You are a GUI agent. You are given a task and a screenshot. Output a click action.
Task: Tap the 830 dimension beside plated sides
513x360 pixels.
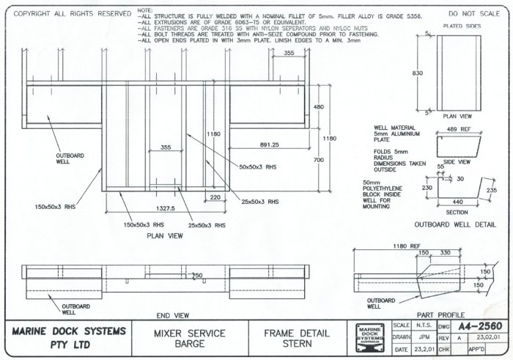tap(418, 73)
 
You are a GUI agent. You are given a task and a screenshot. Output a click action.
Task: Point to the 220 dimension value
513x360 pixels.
tap(215, 197)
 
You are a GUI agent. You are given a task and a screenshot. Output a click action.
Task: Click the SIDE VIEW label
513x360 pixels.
tap(457, 161)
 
